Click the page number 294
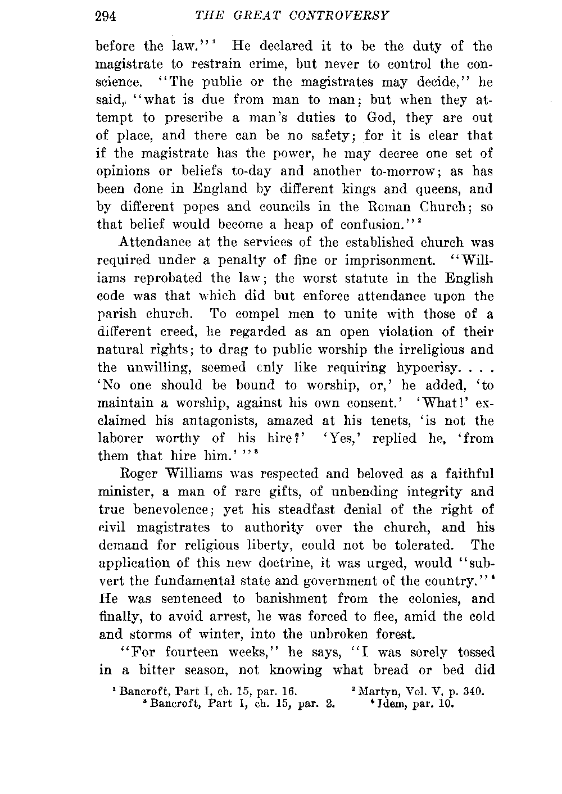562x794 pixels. pyautogui.click(x=105, y=16)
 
